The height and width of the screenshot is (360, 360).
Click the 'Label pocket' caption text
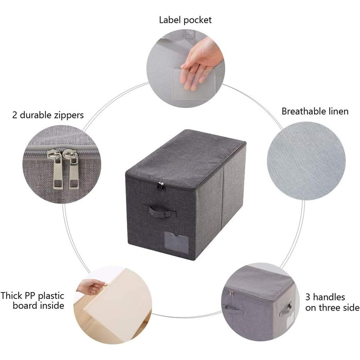(185, 20)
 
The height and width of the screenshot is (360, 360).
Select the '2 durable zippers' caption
(48, 115)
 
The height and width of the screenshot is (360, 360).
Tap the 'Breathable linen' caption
(315, 112)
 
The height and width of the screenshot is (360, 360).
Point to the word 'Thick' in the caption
(11, 296)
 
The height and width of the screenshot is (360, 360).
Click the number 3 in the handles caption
(308, 297)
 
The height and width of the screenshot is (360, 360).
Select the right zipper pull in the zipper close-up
(72, 169)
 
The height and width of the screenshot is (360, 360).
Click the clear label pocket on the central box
(176, 242)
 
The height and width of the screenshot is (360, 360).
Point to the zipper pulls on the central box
(161, 186)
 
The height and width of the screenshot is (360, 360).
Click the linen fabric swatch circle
(307, 161)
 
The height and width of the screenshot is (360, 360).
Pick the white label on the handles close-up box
(290, 319)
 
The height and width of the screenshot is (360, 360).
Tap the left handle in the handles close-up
(232, 310)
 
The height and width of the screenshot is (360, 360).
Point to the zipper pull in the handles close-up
(231, 294)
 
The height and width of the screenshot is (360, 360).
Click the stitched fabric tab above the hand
(190, 34)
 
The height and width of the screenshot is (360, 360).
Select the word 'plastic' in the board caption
(51, 296)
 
